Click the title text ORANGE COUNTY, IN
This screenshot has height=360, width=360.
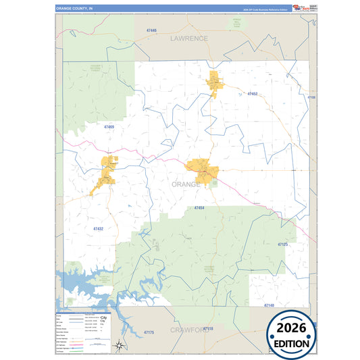point(75,9)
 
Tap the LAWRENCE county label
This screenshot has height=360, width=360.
point(189,38)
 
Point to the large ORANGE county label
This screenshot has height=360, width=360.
point(186,184)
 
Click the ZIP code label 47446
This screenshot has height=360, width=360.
point(151,31)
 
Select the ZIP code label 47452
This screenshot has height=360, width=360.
point(253,94)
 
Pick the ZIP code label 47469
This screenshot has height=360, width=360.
point(109,127)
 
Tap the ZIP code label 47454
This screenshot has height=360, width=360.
point(199,207)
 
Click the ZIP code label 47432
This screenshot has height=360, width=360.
point(98,229)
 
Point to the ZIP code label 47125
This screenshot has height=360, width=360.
point(282,244)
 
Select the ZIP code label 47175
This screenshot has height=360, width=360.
point(149,332)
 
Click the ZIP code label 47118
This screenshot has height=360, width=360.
point(208,328)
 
